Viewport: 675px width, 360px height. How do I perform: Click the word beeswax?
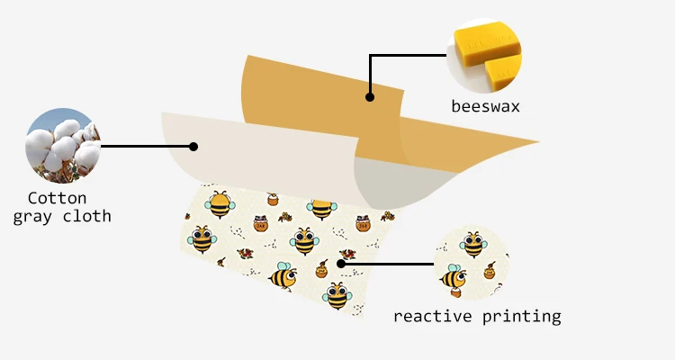tap(485, 107)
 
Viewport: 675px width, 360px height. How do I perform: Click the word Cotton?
tap(57, 197)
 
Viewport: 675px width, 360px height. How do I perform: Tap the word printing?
tap(522, 317)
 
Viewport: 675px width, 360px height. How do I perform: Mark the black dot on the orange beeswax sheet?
tap(369, 96)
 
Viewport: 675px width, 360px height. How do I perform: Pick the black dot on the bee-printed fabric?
tap(340, 264)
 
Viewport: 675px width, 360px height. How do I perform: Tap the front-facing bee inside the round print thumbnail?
tap(473, 244)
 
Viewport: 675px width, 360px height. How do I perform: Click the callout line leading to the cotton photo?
tap(144, 144)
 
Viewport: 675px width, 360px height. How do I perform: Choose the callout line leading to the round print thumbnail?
tap(387, 264)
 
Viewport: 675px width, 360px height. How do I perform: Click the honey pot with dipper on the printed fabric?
tap(321, 268)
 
